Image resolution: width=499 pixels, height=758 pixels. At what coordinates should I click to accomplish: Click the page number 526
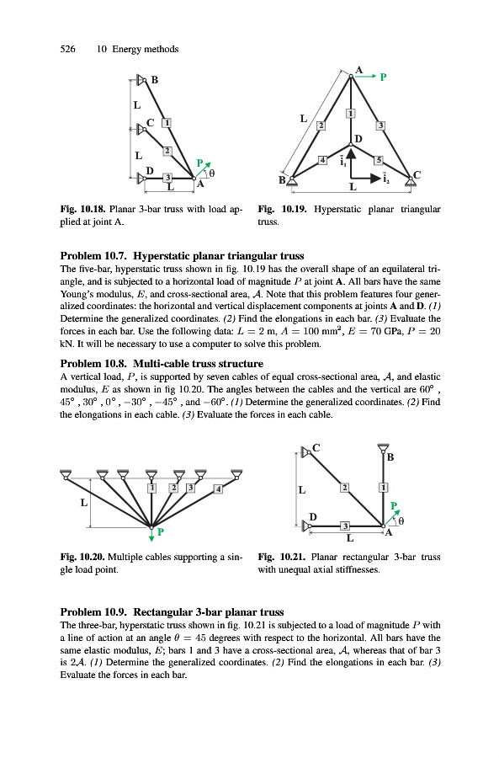(x=67, y=49)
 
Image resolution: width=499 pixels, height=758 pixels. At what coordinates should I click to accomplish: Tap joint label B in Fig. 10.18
(x=155, y=80)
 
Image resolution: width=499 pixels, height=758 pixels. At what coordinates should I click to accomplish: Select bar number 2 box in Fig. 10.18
(x=167, y=151)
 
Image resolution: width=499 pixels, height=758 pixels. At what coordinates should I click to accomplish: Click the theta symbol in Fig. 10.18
(x=211, y=172)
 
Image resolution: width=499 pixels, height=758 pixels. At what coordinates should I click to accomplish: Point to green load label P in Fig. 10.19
(x=383, y=77)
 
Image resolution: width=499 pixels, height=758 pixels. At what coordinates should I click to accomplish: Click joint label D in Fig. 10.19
(x=358, y=139)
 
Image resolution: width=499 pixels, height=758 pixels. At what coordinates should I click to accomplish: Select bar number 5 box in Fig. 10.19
(x=379, y=160)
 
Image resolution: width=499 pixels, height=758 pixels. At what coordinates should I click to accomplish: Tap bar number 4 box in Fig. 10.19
(x=322, y=160)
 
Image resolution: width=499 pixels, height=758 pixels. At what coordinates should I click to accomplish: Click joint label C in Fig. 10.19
(x=417, y=174)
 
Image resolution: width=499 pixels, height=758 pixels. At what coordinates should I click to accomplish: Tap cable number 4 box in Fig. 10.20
(x=218, y=489)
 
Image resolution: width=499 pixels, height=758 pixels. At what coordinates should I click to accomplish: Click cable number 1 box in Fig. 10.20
(x=152, y=488)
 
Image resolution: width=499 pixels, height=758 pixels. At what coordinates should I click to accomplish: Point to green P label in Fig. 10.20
(x=161, y=531)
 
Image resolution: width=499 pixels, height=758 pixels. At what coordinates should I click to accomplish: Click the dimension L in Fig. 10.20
(x=84, y=503)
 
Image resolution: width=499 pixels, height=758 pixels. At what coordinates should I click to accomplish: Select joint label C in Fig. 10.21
(x=316, y=448)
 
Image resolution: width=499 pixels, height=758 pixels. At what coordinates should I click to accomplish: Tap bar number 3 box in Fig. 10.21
(x=345, y=526)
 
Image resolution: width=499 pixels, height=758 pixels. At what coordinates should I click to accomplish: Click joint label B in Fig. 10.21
(x=390, y=456)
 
